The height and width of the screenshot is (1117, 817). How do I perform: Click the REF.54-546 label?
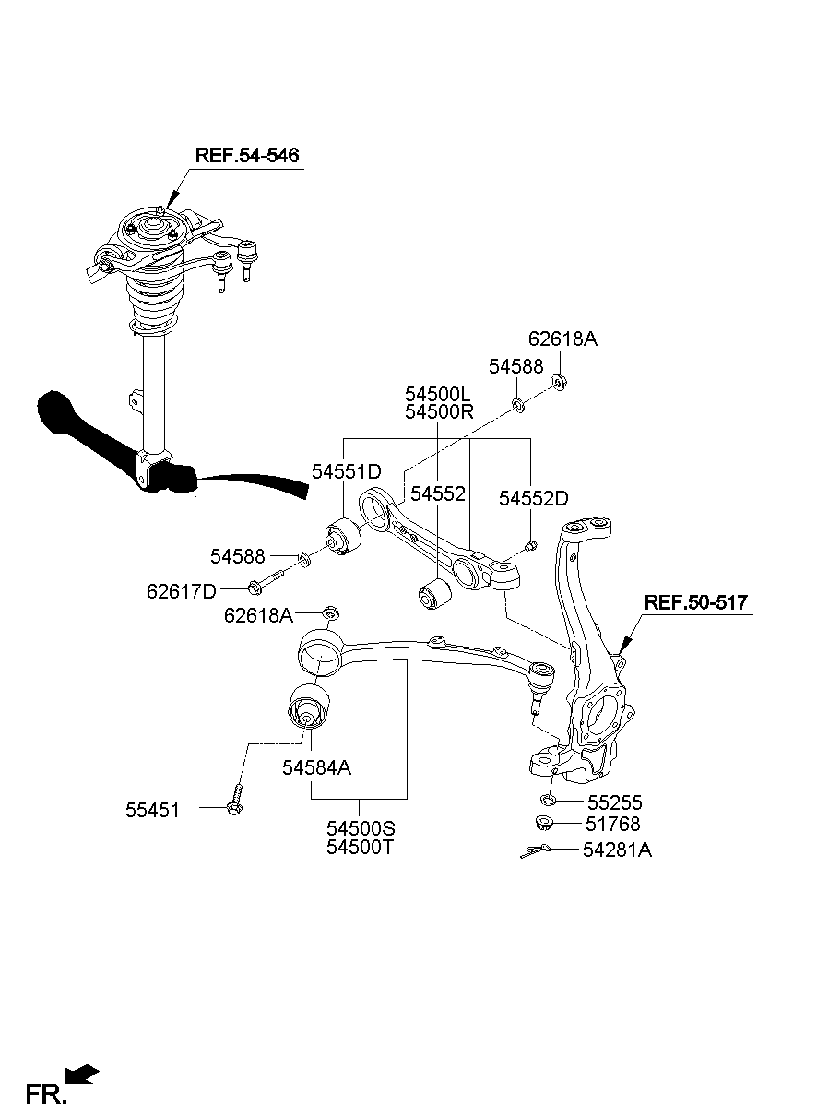[x=247, y=155]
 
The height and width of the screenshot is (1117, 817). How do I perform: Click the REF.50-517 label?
[x=696, y=603]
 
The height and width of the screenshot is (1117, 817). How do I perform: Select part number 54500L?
[x=439, y=393]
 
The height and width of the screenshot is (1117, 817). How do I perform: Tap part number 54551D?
[x=346, y=471]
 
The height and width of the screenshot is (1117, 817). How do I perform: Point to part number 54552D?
[x=533, y=498]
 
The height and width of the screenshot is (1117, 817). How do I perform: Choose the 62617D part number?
[x=181, y=590]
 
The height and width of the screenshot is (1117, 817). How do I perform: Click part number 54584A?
[x=317, y=767]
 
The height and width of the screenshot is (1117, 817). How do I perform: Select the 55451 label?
[x=152, y=810]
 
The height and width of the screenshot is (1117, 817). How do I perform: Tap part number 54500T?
[x=360, y=847]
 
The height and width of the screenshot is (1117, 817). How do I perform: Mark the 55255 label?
[x=614, y=802]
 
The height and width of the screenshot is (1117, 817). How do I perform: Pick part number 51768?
[x=612, y=825]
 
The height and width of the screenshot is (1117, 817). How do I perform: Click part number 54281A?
[x=617, y=850]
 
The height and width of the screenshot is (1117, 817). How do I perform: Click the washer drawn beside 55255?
[x=548, y=800]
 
